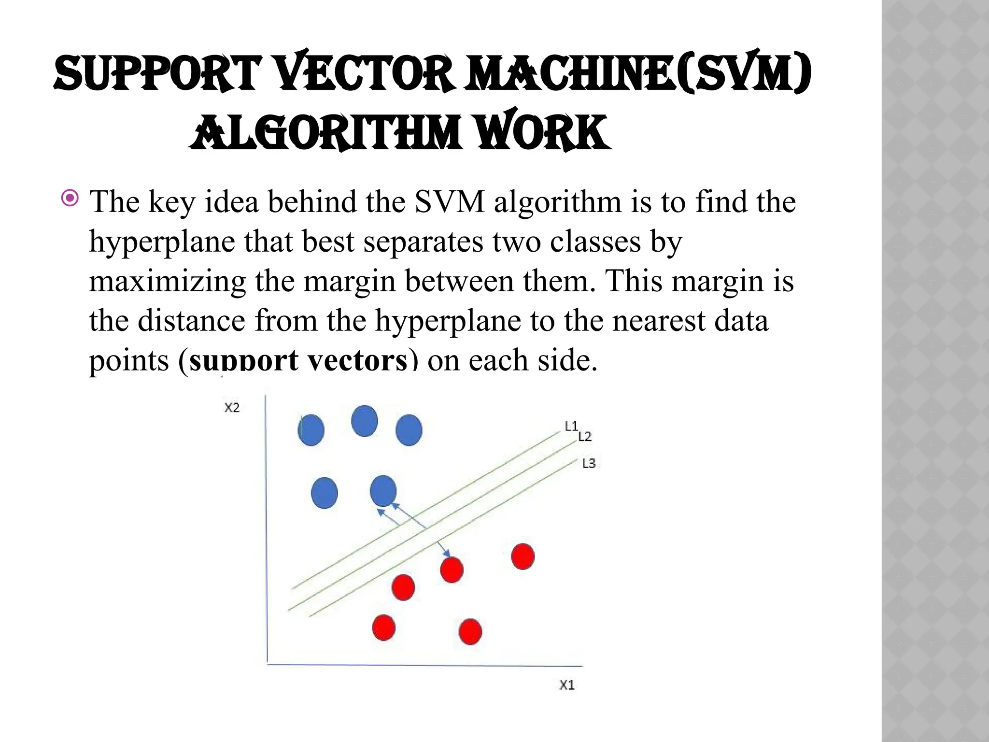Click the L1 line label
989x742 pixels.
(571, 426)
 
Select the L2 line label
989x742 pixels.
(585, 437)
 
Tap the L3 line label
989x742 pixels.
(589, 464)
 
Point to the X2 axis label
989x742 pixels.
(232, 408)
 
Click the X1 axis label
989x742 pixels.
(567, 685)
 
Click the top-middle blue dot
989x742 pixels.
(365, 421)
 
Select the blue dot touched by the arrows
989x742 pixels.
(383, 491)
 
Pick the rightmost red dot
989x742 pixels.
(523, 556)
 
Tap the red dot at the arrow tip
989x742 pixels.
(452, 570)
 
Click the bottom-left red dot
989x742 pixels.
(384, 628)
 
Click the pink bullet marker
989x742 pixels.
(71, 198)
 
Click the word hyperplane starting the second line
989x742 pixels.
(162, 243)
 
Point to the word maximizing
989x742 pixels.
(167, 281)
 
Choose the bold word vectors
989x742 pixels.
(357, 360)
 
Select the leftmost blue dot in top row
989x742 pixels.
(311, 430)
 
